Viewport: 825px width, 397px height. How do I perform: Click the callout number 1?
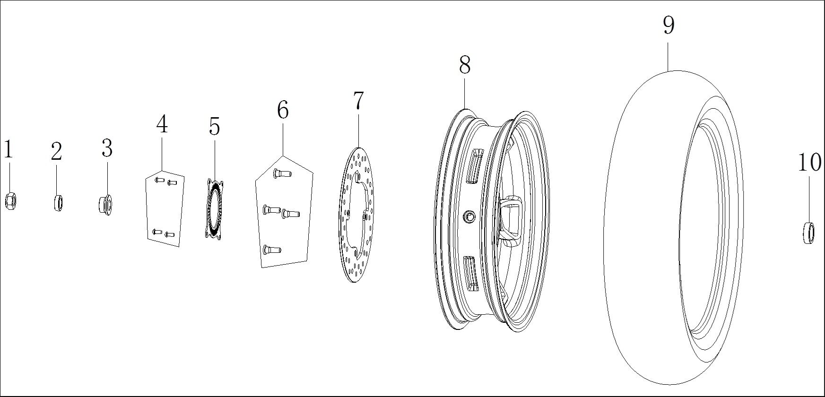click(x=8, y=150)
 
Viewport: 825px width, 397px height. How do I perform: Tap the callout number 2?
click(x=56, y=152)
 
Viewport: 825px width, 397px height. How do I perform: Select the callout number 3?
click(x=107, y=148)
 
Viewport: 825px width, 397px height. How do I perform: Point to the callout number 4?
click(x=162, y=124)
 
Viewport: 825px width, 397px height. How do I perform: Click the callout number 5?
click(x=214, y=127)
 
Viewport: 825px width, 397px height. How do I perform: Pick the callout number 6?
click(x=283, y=110)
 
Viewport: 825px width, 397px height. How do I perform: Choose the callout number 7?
click(x=358, y=100)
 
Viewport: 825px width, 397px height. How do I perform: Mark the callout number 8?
click(x=465, y=65)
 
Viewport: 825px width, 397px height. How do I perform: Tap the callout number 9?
click(x=668, y=25)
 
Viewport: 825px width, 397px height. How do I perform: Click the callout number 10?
click(x=809, y=163)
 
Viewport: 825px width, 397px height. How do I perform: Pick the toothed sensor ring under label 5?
click(x=215, y=208)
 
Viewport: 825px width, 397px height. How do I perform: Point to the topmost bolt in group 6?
click(x=281, y=174)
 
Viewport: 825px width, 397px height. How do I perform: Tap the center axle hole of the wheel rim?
click(x=469, y=216)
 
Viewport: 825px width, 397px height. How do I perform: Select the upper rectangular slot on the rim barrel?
click(x=474, y=166)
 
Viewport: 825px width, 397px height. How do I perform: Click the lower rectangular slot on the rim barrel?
click(x=472, y=273)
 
